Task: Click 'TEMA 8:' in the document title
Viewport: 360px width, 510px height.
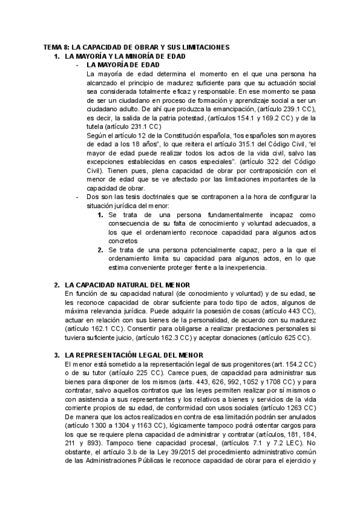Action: coord(59,46)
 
